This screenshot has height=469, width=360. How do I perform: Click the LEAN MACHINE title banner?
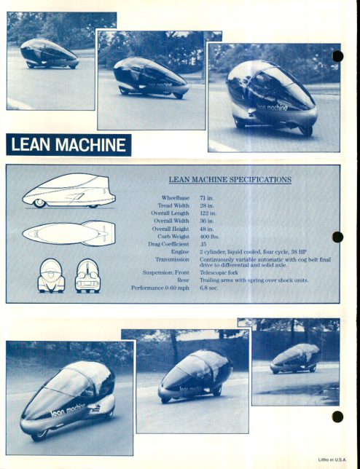[x=69, y=145]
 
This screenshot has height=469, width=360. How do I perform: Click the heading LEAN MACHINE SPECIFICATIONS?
[x=230, y=179]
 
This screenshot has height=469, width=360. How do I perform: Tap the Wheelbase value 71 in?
[x=207, y=198]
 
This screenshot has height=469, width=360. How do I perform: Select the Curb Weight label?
[x=173, y=237]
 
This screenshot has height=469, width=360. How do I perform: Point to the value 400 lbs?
[x=209, y=237]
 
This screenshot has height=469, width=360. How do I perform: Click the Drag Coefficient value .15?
[x=203, y=244]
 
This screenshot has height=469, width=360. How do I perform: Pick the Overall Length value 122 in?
[x=208, y=213]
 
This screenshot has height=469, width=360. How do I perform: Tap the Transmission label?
[x=172, y=259]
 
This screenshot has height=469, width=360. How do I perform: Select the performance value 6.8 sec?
[x=209, y=288]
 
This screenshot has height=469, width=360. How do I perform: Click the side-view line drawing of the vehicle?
[x=69, y=191]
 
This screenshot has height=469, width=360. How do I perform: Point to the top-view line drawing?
[x=69, y=233]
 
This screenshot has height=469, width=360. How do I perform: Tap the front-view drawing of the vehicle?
[x=51, y=276]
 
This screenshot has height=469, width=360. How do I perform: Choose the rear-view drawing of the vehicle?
[x=87, y=276]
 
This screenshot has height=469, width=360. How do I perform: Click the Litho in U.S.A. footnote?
[x=332, y=460]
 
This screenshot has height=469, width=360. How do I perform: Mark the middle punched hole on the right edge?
[x=337, y=237]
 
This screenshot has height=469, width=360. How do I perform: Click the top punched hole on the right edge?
[x=337, y=56]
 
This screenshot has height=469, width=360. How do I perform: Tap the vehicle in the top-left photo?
[x=50, y=54]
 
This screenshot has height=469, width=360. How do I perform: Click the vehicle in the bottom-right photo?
[x=295, y=358]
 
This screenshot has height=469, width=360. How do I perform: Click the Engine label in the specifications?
[x=180, y=251]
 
